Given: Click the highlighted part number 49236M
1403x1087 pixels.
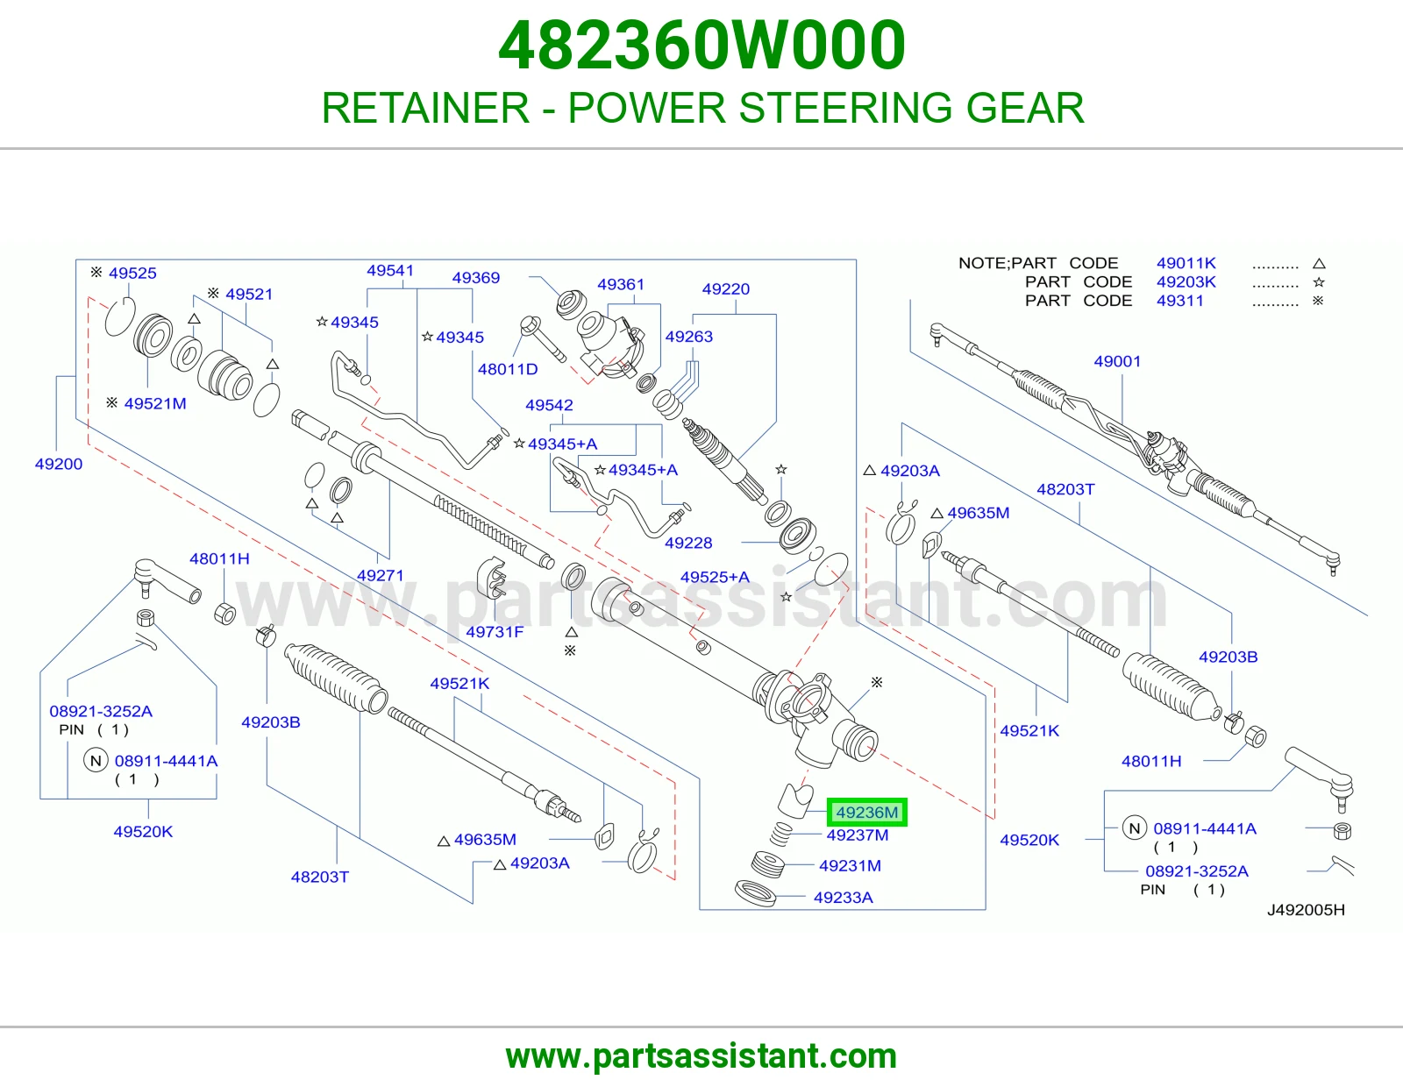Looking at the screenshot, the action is (866, 812).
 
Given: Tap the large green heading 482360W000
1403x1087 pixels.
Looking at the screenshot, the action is (701, 45).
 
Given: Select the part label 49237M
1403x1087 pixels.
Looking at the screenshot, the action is (858, 835).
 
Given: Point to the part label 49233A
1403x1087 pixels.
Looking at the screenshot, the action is (844, 898).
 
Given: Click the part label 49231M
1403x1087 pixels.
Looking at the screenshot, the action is (850, 865).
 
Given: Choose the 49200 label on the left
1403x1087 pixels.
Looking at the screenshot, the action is (59, 464).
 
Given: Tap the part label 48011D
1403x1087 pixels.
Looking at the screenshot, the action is (508, 369).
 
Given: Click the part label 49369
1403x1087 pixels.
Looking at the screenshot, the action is (476, 278).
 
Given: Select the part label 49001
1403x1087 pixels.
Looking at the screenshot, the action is (1117, 361).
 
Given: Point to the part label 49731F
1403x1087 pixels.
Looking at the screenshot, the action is (495, 632).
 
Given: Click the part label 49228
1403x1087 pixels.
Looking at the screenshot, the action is (688, 543).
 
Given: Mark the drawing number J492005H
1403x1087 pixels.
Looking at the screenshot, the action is (1306, 910).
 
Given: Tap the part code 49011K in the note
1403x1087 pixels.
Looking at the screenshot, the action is (1186, 263).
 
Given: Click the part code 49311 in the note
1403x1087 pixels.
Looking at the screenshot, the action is (1179, 301).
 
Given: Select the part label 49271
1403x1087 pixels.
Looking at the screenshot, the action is (381, 575).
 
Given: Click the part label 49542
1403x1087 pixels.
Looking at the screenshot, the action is (549, 405).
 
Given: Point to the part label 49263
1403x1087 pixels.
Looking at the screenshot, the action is (689, 337).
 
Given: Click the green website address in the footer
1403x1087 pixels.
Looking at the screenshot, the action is (701, 1056).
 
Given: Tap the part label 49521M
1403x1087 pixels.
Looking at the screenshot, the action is (155, 403).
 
